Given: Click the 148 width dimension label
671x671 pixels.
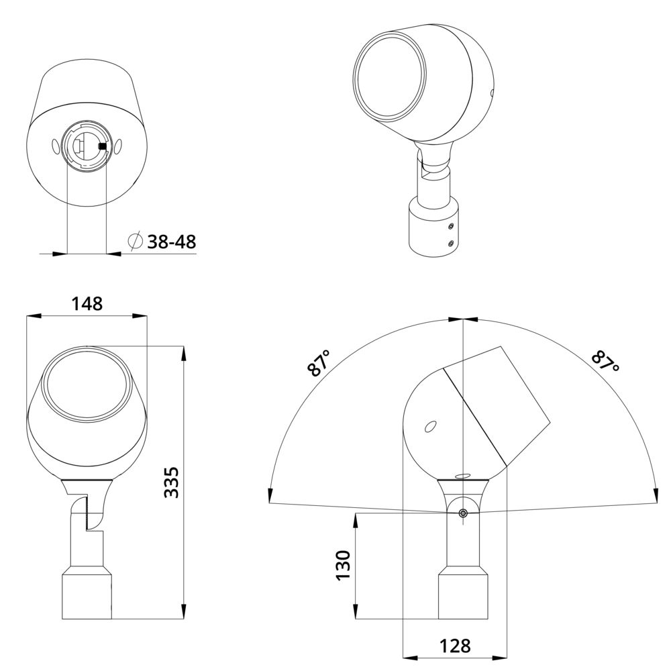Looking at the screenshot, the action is (87, 304).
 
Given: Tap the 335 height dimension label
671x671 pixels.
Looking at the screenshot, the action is (172, 482).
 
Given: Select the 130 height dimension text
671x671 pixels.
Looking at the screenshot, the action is (343, 565).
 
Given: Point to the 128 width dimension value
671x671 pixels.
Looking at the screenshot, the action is (456, 646).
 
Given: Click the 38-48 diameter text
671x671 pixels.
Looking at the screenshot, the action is (172, 242).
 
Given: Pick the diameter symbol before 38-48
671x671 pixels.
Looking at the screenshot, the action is (136, 242).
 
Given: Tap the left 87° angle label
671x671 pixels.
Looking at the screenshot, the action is (319, 363).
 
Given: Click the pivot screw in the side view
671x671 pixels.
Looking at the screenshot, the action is (462, 513).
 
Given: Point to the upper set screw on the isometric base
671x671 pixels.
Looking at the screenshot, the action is (450, 225).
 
